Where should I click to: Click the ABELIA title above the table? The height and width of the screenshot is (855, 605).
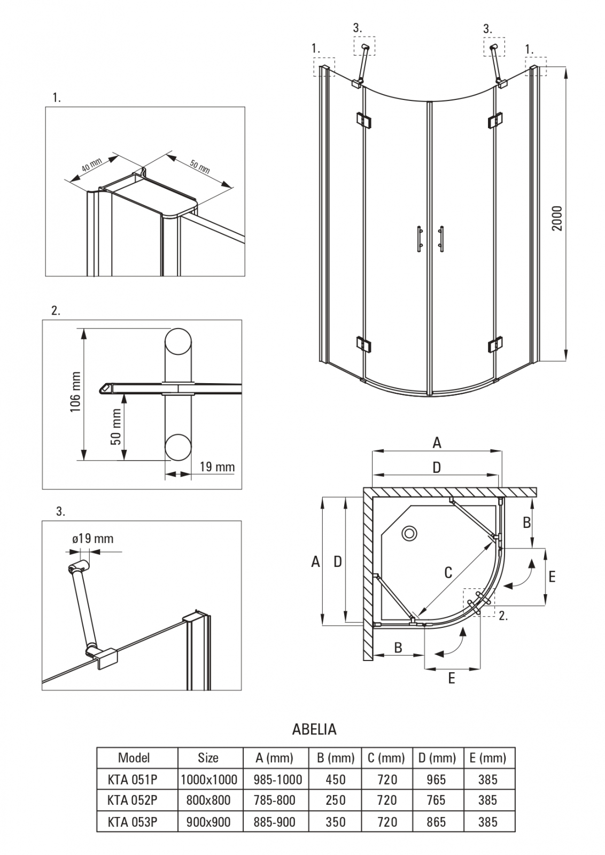[x=314, y=729]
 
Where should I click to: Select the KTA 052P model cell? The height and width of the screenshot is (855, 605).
[x=133, y=800]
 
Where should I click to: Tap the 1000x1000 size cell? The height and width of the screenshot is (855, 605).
[x=208, y=779]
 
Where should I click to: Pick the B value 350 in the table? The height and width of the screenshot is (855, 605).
[x=336, y=821]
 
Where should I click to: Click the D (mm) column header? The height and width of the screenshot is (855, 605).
[x=437, y=757]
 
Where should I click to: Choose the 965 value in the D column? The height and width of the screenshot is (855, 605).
[x=437, y=779]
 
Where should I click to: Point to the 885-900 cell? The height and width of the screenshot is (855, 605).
[x=275, y=821]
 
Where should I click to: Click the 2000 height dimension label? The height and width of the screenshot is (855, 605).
[x=557, y=218]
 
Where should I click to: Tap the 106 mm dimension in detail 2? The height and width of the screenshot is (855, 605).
[x=75, y=392]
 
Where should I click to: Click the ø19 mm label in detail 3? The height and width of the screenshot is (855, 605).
[x=93, y=538]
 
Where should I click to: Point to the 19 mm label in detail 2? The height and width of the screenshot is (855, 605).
[x=217, y=467]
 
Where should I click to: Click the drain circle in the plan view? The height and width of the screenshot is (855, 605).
[x=410, y=533]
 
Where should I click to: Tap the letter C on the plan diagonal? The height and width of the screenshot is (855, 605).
[x=448, y=572]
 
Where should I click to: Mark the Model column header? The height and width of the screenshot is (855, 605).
[x=134, y=757]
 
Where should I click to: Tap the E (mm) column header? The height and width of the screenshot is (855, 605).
[x=487, y=757]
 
